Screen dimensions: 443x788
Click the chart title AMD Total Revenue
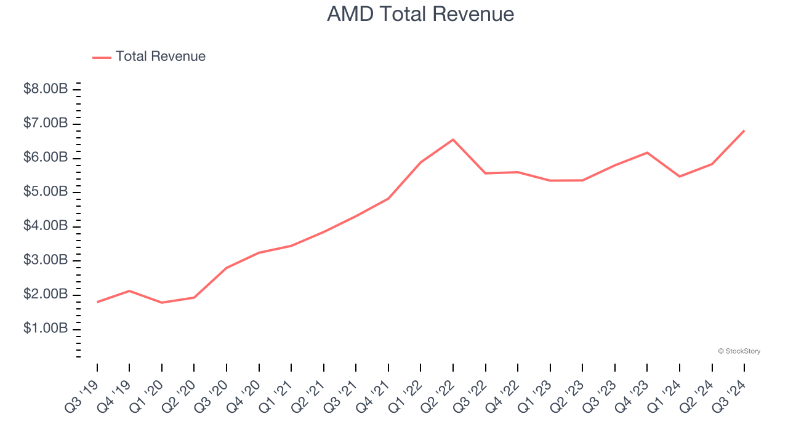(x=420, y=14)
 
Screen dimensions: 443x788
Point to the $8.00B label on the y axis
(x=46, y=89)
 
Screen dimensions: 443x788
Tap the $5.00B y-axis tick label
(x=46, y=192)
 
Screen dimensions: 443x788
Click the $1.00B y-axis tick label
(x=46, y=329)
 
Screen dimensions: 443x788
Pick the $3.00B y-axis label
(x=46, y=260)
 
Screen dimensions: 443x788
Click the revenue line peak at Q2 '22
(x=453, y=140)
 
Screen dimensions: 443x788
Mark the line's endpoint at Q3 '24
(x=744, y=130)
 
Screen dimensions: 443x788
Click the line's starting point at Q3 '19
(x=97, y=302)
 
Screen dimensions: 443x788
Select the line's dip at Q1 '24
(x=680, y=177)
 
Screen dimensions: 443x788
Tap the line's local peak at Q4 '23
(x=647, y=153)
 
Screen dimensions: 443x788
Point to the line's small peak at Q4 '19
(x=129, y=290)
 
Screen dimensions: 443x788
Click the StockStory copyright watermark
(x=739, y=351)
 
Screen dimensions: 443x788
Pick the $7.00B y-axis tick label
(x=46, y=124)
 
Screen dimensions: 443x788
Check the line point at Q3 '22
(x=486, y=174)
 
